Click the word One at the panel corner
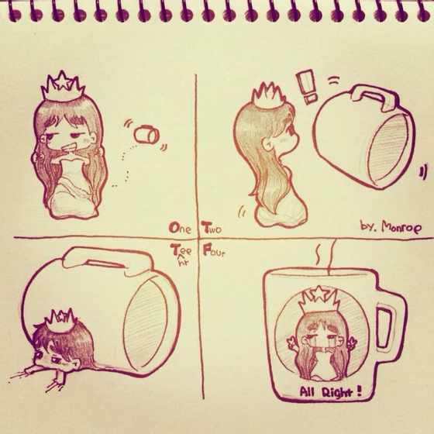pos(180,228)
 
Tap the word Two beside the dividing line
pos(212,228)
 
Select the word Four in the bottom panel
pos(213,250)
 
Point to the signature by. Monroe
pos(391,227)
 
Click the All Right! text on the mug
pos(330,391)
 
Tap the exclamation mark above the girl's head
pos(306,87)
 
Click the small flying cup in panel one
pos(146,135)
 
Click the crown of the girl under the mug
pos(60,319)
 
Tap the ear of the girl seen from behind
pos(268,145)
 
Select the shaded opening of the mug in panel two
pos(390,149)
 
